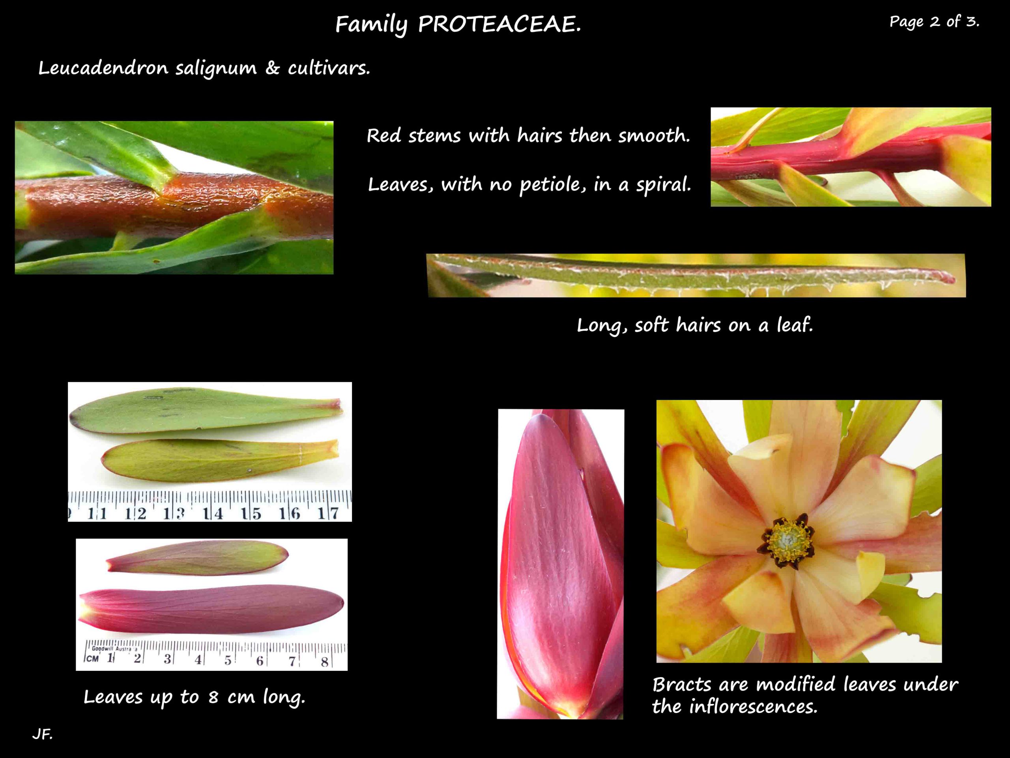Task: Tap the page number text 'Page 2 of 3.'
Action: pyautogui.click(x=934, y=21)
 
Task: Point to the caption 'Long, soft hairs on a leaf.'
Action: pyautogui.click(x=694, y=325)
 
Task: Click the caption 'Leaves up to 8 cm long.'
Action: pyautogui.click(x=194, y=697)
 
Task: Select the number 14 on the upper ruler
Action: pyautogui.click(x=213, y=514)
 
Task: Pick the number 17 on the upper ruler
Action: pyautogui.click(x=329, y=514)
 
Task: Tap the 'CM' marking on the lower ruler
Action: pyautogui.click(x=93, y=659)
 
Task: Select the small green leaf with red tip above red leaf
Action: pyautogui.click(x=197, y=558)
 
